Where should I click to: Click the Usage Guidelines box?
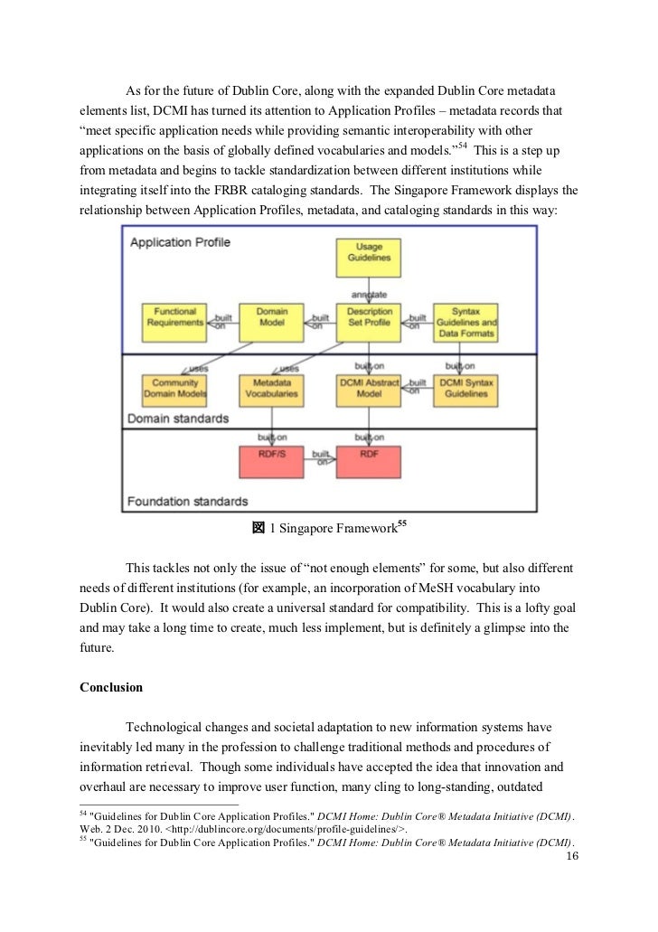(368, 253)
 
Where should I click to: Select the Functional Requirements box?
(175, 320)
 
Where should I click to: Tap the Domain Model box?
(272, 320)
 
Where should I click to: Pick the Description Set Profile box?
(368, 320)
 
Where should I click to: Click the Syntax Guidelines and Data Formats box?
(465, 320)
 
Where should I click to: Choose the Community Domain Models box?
(175, 390)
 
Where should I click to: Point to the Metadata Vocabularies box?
(272, 390)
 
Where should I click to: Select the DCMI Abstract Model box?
(368, 390)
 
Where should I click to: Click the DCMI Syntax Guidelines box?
(465, 390)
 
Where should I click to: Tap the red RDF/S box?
(272, 460)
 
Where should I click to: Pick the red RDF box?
(368, 460)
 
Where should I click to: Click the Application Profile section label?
(181, 242)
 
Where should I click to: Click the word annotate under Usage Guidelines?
(368, 294)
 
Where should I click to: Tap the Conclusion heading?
(111, 687)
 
